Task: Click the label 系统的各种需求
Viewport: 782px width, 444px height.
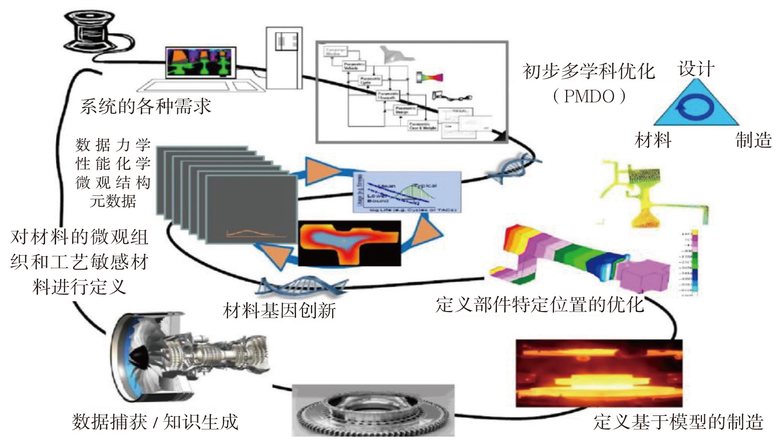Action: coord(145,106)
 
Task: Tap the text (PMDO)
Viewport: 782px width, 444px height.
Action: coord(589,96)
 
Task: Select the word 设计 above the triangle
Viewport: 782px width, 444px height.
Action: coord(696,69)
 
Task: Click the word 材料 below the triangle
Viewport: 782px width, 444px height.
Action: coord(653,140)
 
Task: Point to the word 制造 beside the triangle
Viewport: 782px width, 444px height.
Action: coord(753,140)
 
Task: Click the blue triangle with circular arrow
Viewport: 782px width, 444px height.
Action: coord(695,105)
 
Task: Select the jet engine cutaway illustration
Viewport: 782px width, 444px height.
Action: coord(188,356)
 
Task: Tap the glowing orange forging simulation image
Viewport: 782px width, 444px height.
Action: coord(599,373)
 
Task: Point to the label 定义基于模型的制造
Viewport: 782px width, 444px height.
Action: coord(678,422)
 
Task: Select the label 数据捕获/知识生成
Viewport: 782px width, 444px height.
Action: coord(155,422)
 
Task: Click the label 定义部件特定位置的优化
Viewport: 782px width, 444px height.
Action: coord(540,305)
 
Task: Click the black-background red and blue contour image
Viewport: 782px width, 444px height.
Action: coord(350,243)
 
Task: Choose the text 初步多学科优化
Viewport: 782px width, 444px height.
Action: coord(589,71)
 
